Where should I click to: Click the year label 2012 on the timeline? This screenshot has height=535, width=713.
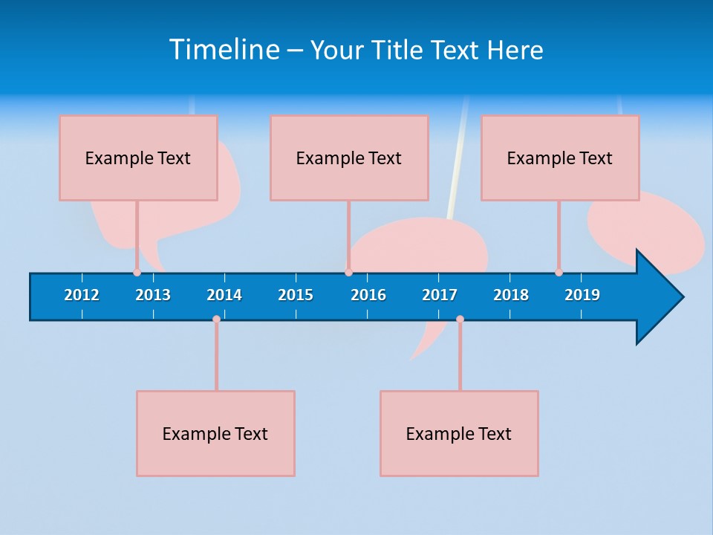click(82, 295)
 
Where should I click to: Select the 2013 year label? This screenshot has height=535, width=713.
click(153, 295)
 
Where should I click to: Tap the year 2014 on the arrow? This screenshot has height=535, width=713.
click(224, 295)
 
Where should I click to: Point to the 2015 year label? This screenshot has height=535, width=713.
click(296, 295)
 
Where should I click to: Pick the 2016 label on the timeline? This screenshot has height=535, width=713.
click(368, 295)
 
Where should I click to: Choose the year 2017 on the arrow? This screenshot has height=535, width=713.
click(440, 295)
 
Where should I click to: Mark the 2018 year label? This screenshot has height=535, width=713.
click(511, 295)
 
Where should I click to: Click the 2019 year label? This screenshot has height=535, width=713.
click(582, 295)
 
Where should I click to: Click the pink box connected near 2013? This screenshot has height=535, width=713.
click(138, 158)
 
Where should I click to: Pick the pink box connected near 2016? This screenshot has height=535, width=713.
click(349, 158)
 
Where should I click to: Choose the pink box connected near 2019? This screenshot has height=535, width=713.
click(560, 158)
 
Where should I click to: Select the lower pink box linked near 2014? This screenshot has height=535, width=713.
click(215, 433)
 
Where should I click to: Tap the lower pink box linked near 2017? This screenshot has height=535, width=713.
click(459, 433)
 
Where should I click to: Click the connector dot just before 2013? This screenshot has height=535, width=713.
click(137, 273)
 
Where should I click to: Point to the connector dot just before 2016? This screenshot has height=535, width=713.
click(348, 273)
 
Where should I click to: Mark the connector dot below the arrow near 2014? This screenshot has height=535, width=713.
click(216, 320)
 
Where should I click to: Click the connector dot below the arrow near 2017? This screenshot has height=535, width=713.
click(460, 320)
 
